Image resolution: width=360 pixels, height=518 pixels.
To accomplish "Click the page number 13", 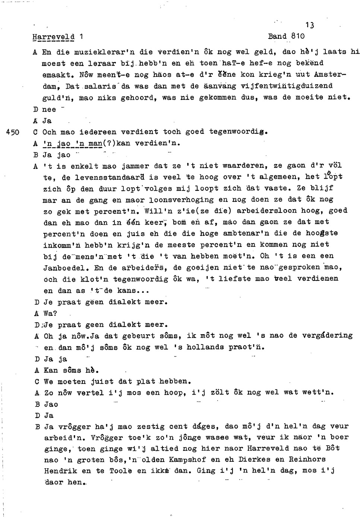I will pos(310,25).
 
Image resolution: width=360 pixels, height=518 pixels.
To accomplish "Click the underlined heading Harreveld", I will pos(53,37).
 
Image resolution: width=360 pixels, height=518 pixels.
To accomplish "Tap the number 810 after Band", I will pos(298,36).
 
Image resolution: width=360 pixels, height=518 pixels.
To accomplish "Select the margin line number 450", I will pos(13,132).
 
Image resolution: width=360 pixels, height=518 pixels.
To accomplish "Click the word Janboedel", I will pos(66,267).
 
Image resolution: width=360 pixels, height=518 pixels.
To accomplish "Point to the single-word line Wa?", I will pos(50,313).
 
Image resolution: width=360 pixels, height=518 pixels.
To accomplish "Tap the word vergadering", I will pos(326,335).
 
